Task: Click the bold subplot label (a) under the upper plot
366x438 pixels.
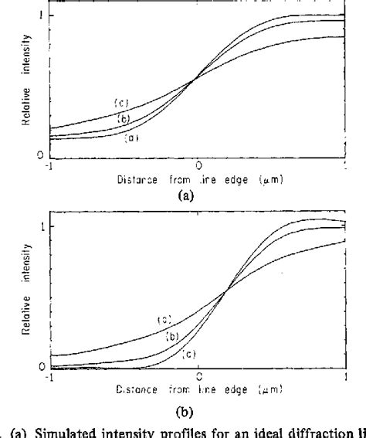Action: (x=185, y=196)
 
